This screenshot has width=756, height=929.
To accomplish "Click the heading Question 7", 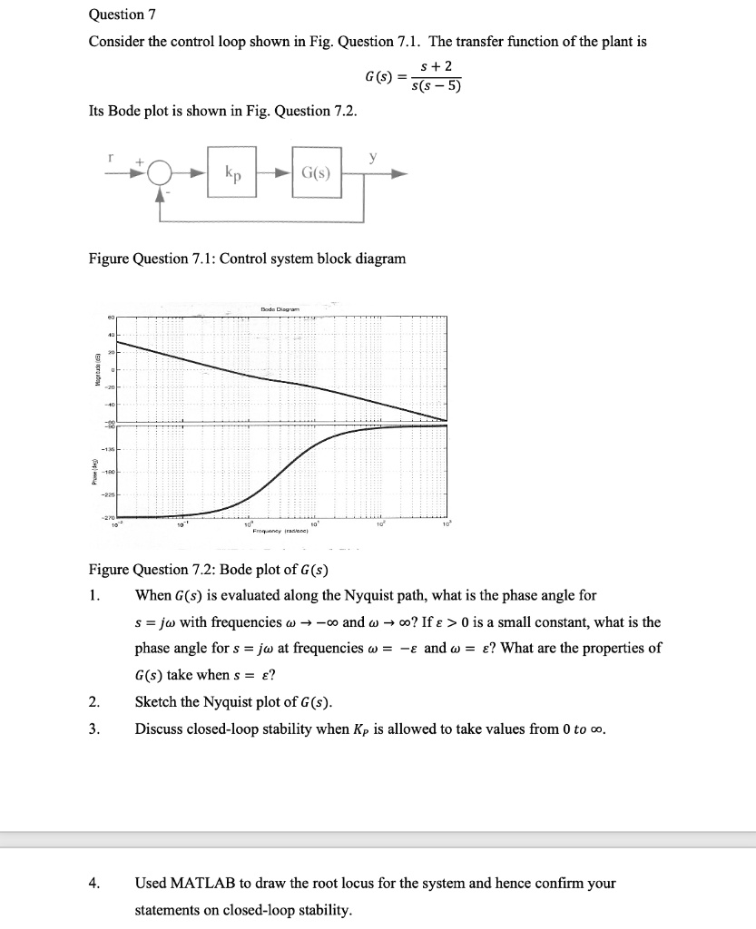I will (116, 15).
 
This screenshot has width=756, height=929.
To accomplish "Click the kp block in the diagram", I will (232, 173).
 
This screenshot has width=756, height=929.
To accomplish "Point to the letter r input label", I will (110, 156).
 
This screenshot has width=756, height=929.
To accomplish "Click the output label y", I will (372, 156).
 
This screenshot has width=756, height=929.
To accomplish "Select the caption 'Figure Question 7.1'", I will (246, 259).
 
